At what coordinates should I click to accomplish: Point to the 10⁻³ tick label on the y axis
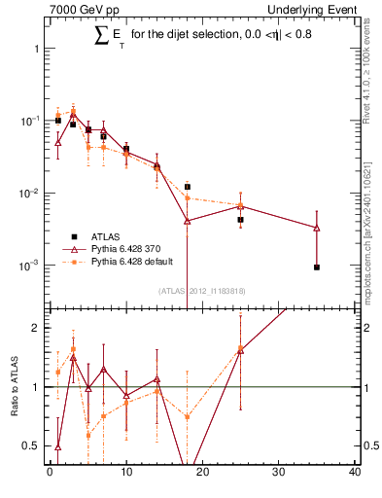coord(28,266)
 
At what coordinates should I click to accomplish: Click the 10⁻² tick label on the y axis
coord(28,194)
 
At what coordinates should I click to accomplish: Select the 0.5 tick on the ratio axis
coord(32,446)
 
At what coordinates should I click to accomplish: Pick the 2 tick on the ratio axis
coord(36,328)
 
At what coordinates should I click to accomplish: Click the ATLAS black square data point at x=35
coord(317,267)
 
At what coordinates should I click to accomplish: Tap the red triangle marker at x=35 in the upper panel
coord(317,228)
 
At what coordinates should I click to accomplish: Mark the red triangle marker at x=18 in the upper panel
coord(187,221)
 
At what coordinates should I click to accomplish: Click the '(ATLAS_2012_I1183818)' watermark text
coord(201,290)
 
